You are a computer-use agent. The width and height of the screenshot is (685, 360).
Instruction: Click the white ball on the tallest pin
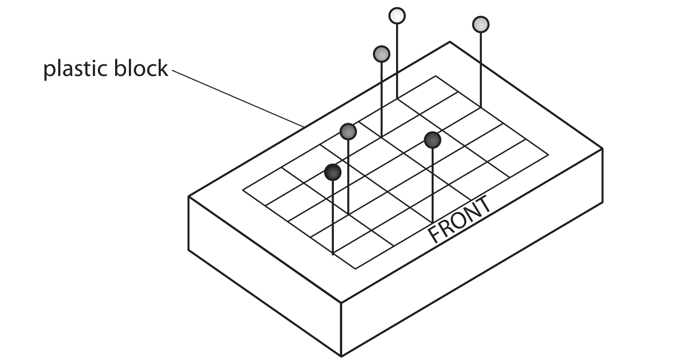coord(397,16)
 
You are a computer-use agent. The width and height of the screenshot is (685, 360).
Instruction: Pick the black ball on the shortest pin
coord(332,172)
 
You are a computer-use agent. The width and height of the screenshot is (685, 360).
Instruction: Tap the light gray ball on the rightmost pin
coord(481,24)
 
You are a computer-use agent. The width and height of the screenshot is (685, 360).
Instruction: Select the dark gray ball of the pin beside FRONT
coord(432,140)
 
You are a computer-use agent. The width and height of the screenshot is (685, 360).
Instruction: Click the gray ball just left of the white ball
coord(381,54)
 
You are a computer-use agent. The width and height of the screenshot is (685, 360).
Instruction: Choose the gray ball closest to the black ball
coord(348,131)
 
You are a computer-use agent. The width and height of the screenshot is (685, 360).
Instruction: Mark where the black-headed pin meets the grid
coord(333,254)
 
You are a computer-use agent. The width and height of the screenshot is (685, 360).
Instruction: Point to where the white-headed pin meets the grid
coord(397,99)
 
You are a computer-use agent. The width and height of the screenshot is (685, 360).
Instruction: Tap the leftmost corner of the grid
coord(243,190)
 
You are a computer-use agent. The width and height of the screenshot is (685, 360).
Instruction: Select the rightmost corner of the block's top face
coord(602,148)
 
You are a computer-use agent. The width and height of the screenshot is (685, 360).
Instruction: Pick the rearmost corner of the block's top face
coord(450,42)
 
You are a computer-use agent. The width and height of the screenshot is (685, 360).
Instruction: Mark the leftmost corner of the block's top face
coord(189,196)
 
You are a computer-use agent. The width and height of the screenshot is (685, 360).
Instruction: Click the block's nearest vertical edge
coord(341,329)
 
